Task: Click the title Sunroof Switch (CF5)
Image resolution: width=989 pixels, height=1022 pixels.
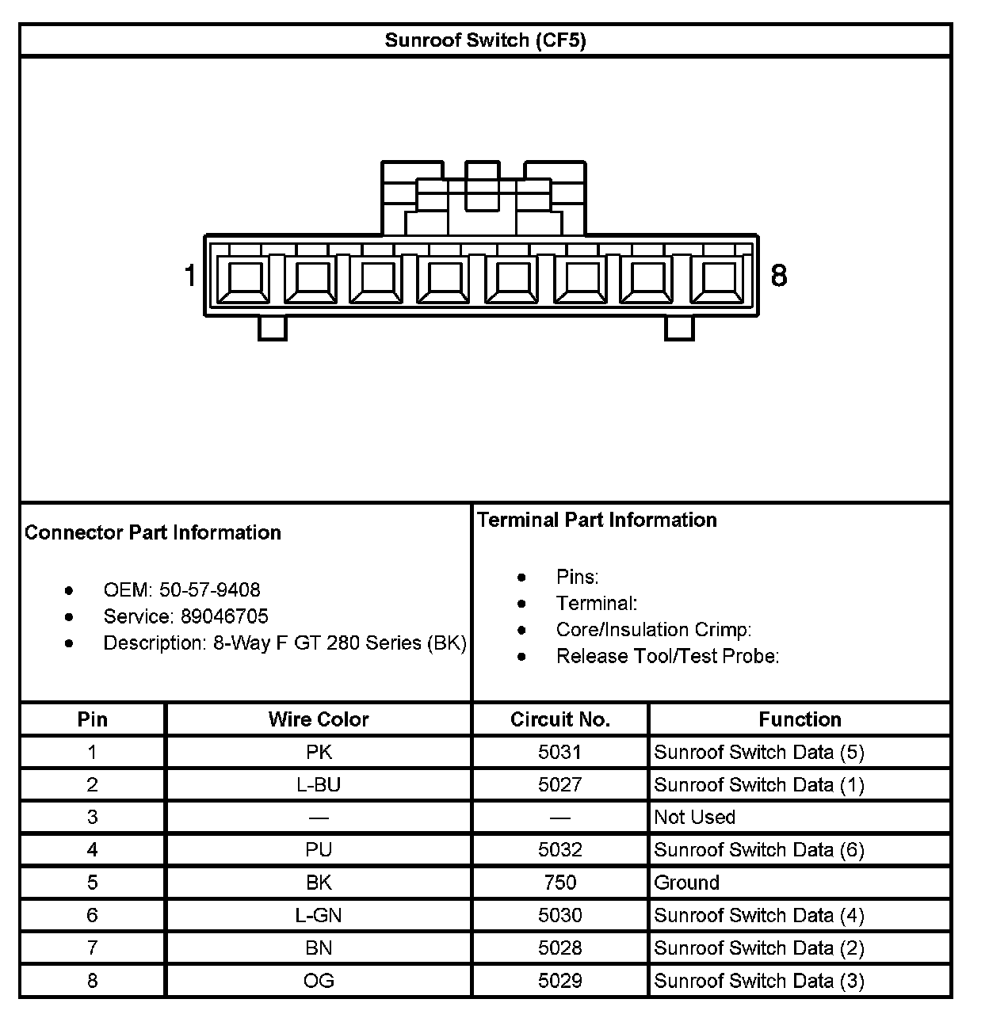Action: pyautogui.click(x=485, y=40)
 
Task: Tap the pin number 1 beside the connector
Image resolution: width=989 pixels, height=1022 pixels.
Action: pyautogui.click(x=189, y=276)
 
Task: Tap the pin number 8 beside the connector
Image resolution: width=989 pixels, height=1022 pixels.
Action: pyautogui.click(x=779, y=276)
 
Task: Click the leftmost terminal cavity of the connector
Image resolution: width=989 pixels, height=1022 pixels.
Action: pyautogui.click(x=245, y=279)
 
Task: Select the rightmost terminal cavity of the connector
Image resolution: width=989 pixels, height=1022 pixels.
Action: pyautogui.click(x=720, y=279)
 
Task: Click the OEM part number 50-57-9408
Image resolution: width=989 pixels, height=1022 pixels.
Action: pyautogui.click(x=209, y=590)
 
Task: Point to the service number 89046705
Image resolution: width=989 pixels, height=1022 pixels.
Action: pyautogui.click(x=224, y=616)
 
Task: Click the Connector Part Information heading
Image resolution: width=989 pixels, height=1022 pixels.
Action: pyautogui.click(x=153, y=532)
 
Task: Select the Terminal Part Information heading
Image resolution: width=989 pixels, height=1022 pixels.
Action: pyautogui.click(x=597, y=520)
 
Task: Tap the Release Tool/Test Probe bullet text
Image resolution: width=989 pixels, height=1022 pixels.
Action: pyautogui.click(x=667, y=656)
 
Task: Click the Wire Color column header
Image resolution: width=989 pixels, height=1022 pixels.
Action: pyautogui.click(x=319, y=719)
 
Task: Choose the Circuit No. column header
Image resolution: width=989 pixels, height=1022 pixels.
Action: pyautogui.click(x=559, y=719)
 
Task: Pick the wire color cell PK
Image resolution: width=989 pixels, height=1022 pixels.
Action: pyautogui.click(x=319, y=752)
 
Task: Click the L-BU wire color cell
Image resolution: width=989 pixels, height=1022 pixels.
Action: pyautogui.click(x=319, y=784)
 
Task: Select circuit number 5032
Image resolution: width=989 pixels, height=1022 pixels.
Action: pyautogui.click(x=559, y=850)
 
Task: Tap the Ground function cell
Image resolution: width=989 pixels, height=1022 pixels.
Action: pyautogui.click(x=686, y=883)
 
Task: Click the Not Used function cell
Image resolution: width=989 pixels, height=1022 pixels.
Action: pyautogui.click(x=694, y=817)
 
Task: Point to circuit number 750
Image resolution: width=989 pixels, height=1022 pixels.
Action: pyautogui.click(x=559, y=883)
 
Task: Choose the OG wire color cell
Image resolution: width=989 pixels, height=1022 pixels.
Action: pyautogui.click(x=319, y=981)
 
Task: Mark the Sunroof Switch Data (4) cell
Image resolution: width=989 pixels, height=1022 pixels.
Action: pyautogui.click(x=758, y=916)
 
